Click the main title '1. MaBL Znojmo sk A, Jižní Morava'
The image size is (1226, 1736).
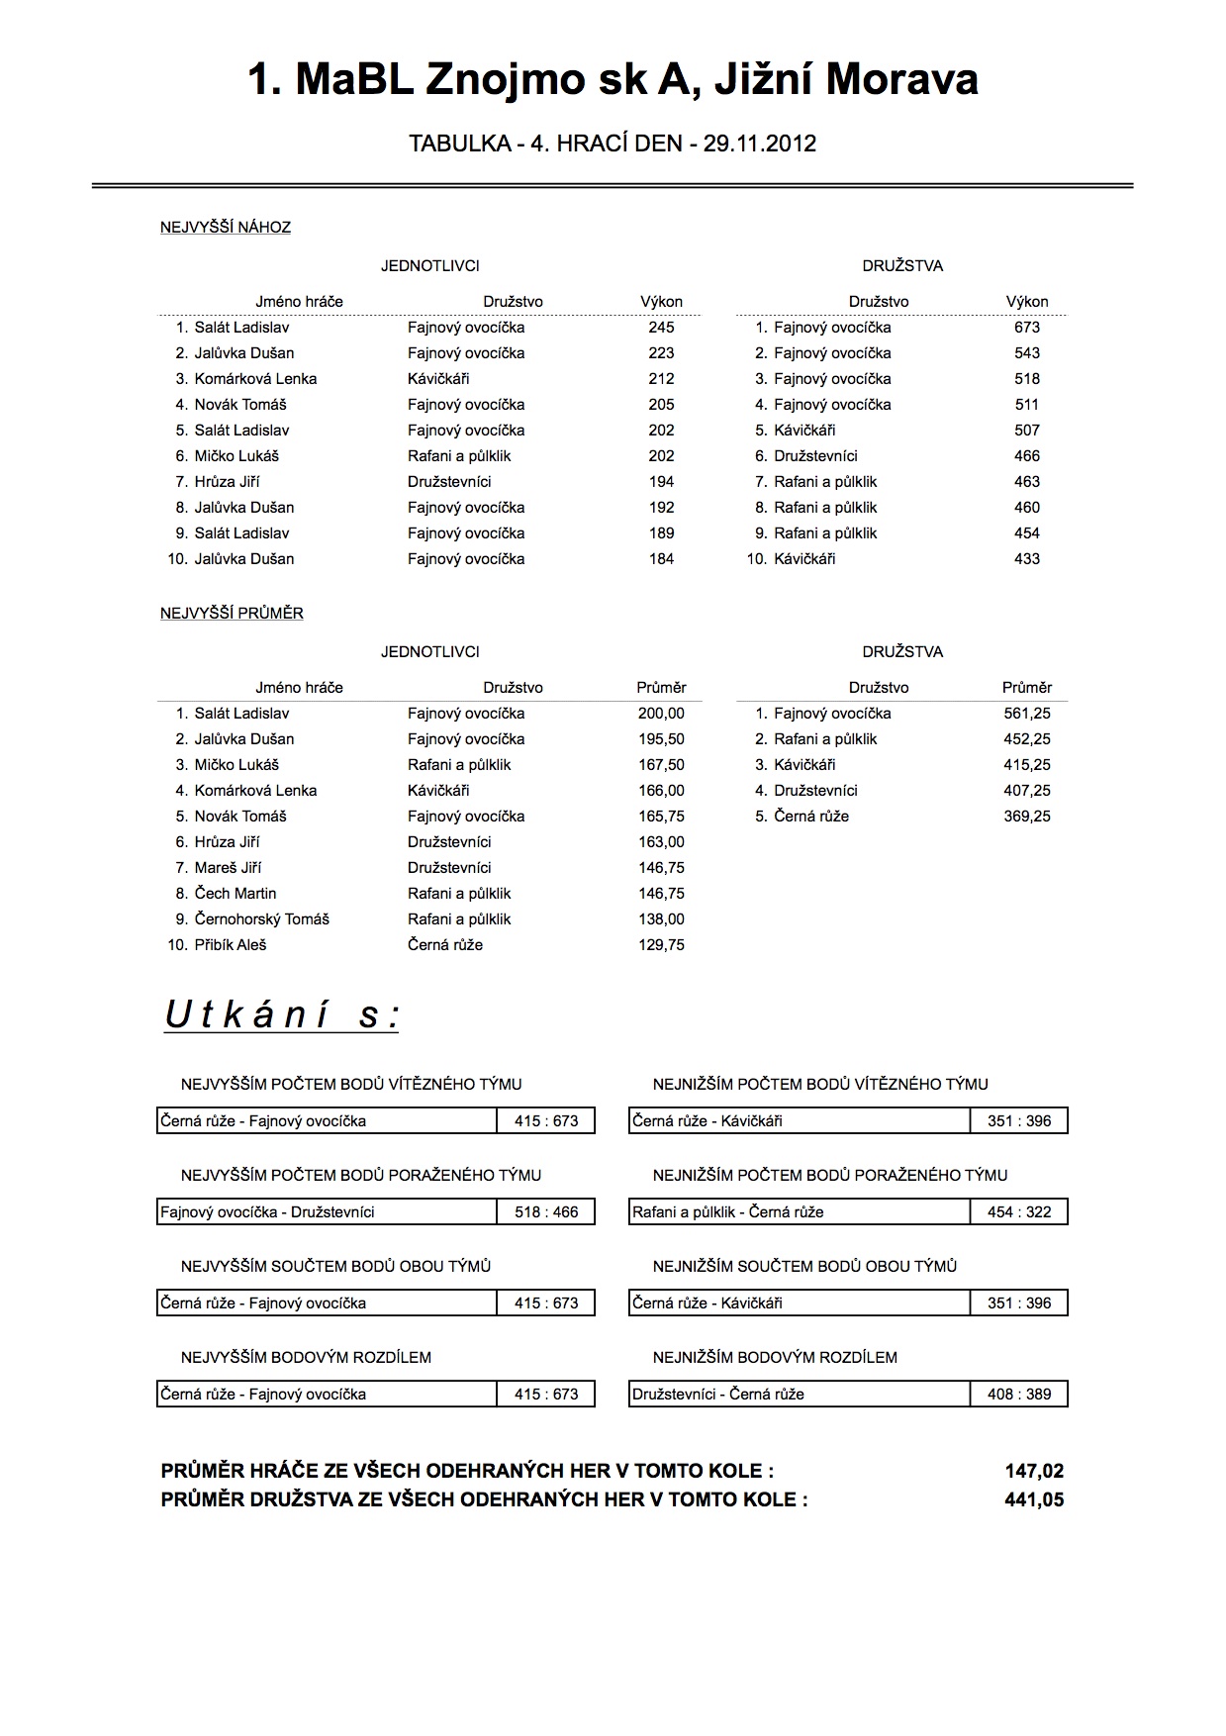[613, 80]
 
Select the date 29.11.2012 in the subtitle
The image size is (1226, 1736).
[759, 145]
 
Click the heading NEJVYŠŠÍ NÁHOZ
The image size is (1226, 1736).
[226, 228]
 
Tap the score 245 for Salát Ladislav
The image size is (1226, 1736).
[661, 328]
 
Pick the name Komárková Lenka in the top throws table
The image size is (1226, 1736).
[255, 379]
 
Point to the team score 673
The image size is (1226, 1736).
[1027, 328]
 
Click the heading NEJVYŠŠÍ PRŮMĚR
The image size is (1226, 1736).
[232, 614]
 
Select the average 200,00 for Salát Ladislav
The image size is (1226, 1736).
[661, 714]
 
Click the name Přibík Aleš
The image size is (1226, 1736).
[231, 945]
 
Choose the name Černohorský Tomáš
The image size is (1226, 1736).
[261, 919]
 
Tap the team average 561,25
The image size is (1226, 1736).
[1027, 714]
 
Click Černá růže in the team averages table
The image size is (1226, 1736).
[811, 817]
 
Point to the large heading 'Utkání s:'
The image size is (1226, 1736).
[282, 1015]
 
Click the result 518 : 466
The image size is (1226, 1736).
[546, 1212]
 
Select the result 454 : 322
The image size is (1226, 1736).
[1019, 1212]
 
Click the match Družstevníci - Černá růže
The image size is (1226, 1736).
[718, 1395]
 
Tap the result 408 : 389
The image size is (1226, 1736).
[1019, 1395]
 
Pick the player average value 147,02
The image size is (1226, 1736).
[1034, 1472]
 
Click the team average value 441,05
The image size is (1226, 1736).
[1034, 1499]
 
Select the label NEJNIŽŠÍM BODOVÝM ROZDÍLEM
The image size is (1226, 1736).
[775, 1358]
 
